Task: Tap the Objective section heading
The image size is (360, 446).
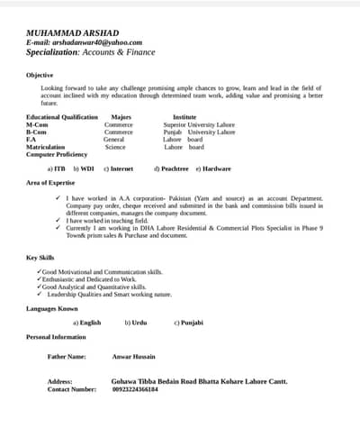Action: tap(40, 75)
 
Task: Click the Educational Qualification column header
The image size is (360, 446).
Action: tap(62, 117)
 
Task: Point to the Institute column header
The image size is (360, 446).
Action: tap(184, 117)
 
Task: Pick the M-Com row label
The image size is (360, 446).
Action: tap(37, 124)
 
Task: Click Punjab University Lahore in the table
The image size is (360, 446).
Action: tap(199, 132)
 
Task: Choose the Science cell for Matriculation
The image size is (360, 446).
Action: tap(115, 147)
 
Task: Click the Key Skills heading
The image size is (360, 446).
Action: tap(40, 258)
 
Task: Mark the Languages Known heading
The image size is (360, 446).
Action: tap(52, 308)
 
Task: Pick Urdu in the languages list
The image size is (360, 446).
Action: tap(138, 323)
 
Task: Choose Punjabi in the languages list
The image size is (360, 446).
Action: tap(191, 323)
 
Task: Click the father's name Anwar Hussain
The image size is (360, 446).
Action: tap(133, 357)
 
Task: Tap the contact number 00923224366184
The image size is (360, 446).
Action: tap(134, 389)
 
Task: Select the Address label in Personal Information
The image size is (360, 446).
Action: tap(59, 382)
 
